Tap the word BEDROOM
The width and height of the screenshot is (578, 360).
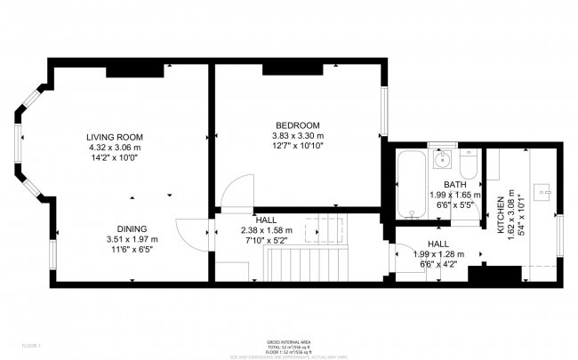(297, 124)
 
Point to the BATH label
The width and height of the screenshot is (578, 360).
(455, 185)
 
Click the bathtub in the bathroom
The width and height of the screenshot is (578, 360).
(411, 184)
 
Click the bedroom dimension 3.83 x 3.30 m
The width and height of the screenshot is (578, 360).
(297, 135)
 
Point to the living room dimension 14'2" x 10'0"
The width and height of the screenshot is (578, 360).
(114, 157)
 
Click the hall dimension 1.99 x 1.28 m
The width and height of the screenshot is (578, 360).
(438, 253)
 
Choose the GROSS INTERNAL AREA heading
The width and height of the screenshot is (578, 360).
(289, 341)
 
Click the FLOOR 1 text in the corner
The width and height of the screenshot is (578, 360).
(18, 343)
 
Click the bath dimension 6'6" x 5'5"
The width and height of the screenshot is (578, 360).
(455, 204)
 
